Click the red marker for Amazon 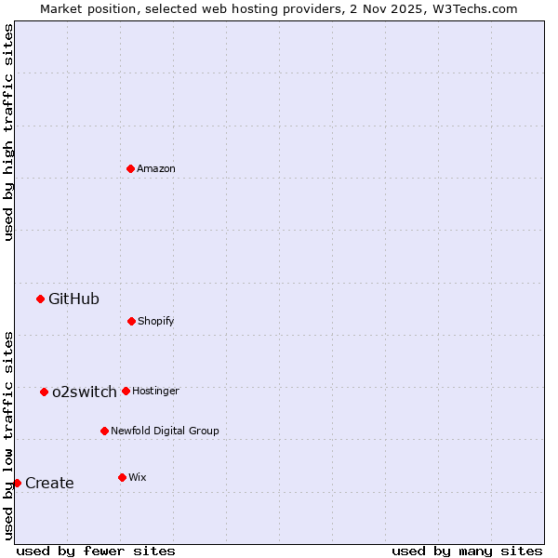pyautogui.click(x=130, y=168)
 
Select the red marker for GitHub pyautogui.click(x=40, y=299)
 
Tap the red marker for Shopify pyautogui.click(x=131, y=321)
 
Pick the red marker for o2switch pyautogui.click(x=44, y=392)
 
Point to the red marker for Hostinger pyautogui.click(x=126, y=391)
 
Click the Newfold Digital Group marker pyautogui.click(x=104, y=431)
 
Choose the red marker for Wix pyautogui.click(x=122, y=477)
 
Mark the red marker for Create pyautogui.click(x=17, y=483)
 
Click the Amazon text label pyautogui.click(x=156, y=168)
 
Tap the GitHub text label pyautogui.click(x=73, y=299)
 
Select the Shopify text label pyautogui.click(x=156, y=321)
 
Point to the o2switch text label pyautogui.click(x=85, y=392)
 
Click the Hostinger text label pyautogui.click(x=155, y=391)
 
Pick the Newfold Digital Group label pyautogui.click(x=165, y=431)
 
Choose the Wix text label pyautogui.click(x=138, y=477)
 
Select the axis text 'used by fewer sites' pyautogui.click(x=96, y=551)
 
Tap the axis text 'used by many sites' pyautogui.click(x=467, y=551)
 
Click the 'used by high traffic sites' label pyautogui.click(x=8, y=132)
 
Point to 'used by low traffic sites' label pyautogui.click(x=8, y=434)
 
